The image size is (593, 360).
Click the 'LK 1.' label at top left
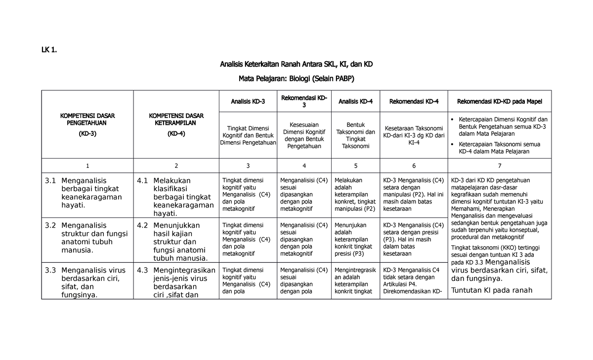point(49,49)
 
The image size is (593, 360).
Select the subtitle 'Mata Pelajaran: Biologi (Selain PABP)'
point(296,79)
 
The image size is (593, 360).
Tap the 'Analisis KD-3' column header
point(248,102)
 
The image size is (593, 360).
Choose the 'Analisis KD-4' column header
point(355,102)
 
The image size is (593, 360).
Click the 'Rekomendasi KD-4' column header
point(414,102)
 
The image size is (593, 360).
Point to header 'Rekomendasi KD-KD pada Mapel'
point(499,102)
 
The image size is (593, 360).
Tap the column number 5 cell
point(355,166)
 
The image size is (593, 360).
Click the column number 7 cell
point(499,166)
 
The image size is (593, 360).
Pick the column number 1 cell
point(87,166)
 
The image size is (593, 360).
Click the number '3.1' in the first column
point(50,181)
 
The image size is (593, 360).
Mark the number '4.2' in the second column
point(142,226)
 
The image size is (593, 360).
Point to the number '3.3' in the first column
point(50,271)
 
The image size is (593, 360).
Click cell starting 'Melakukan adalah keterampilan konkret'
point(355,195)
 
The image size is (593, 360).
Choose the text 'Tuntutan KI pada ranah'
point(492,290)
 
